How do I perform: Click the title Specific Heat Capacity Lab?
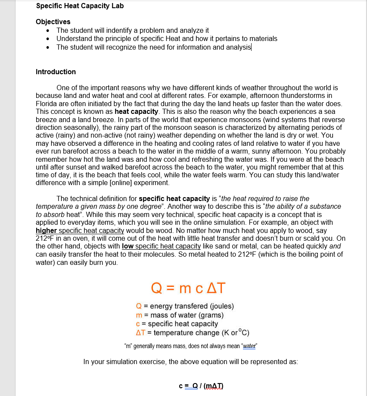80,6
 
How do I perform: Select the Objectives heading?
53,22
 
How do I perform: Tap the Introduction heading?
56,72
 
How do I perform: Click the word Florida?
47,104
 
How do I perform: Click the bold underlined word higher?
46,230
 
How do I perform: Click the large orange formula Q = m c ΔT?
188,287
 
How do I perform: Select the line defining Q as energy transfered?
185,306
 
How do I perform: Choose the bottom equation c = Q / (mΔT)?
201,386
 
